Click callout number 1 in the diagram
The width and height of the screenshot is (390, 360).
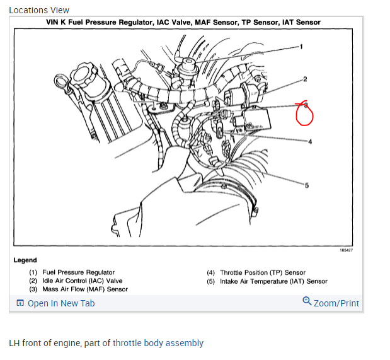pyautogui.click(x=301, y=47)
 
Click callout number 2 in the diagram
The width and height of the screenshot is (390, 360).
pyautogui.click(x=305, y=79)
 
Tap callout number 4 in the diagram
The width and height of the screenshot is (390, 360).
pyautogui.click(x=310, y=142)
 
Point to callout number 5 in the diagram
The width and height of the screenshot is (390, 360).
pyautogui.click(x=307, y=185)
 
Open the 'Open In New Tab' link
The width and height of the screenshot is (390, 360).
pyautogui.click(x=61, y=303)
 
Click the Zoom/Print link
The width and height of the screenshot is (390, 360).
pyautogui.click(x=336, y=303)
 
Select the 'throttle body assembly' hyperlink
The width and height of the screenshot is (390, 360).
pyautogui.click(x=158, y=343)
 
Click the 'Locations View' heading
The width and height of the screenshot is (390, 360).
pyautogui.click(x=39, y=10)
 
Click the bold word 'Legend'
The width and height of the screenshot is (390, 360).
pyautogui.click(x=25, y=260)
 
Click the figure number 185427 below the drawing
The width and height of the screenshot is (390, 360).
pyautogui.click(x=347, y=250)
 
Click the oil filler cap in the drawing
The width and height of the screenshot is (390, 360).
pyautogui.click(x=83, y=74)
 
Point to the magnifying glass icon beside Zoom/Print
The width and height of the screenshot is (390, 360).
pyautogui.click(x=307, y=301)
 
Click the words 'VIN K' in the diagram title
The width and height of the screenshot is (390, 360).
pyautogui.click(x=56, y=22)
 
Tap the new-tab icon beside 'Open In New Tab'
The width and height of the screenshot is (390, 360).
pyautogui.click(x=20, y=303)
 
